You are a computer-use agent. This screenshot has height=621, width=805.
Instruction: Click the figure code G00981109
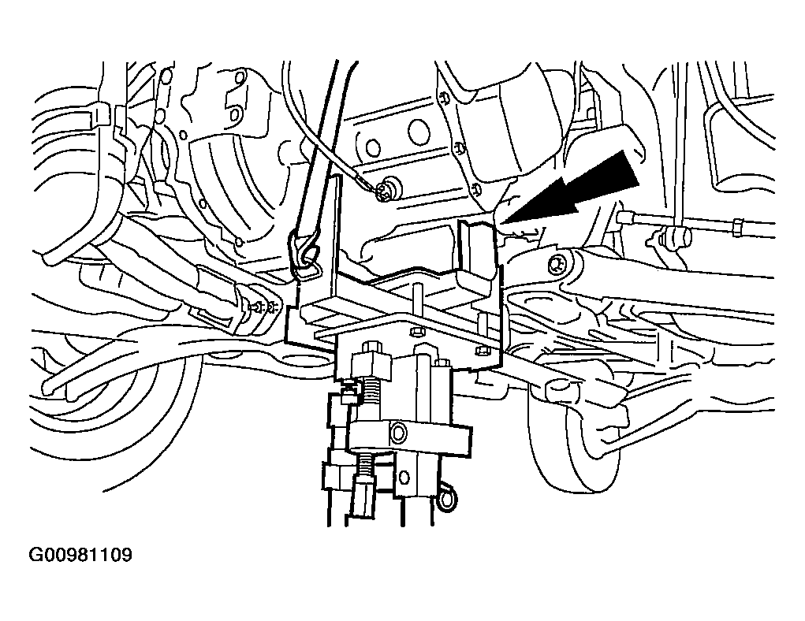[x=80, y=555]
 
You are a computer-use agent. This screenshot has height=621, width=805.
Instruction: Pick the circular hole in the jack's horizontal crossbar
[x=398, y=433]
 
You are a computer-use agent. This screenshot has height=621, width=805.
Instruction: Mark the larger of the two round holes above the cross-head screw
[x=419, y=132]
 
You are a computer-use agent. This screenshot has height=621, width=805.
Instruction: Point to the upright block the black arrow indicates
[x=478, y=254]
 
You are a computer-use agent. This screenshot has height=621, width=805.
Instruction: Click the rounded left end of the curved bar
[x=50, y=385]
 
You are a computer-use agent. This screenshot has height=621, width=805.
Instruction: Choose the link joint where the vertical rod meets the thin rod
[x=672, y=236]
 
